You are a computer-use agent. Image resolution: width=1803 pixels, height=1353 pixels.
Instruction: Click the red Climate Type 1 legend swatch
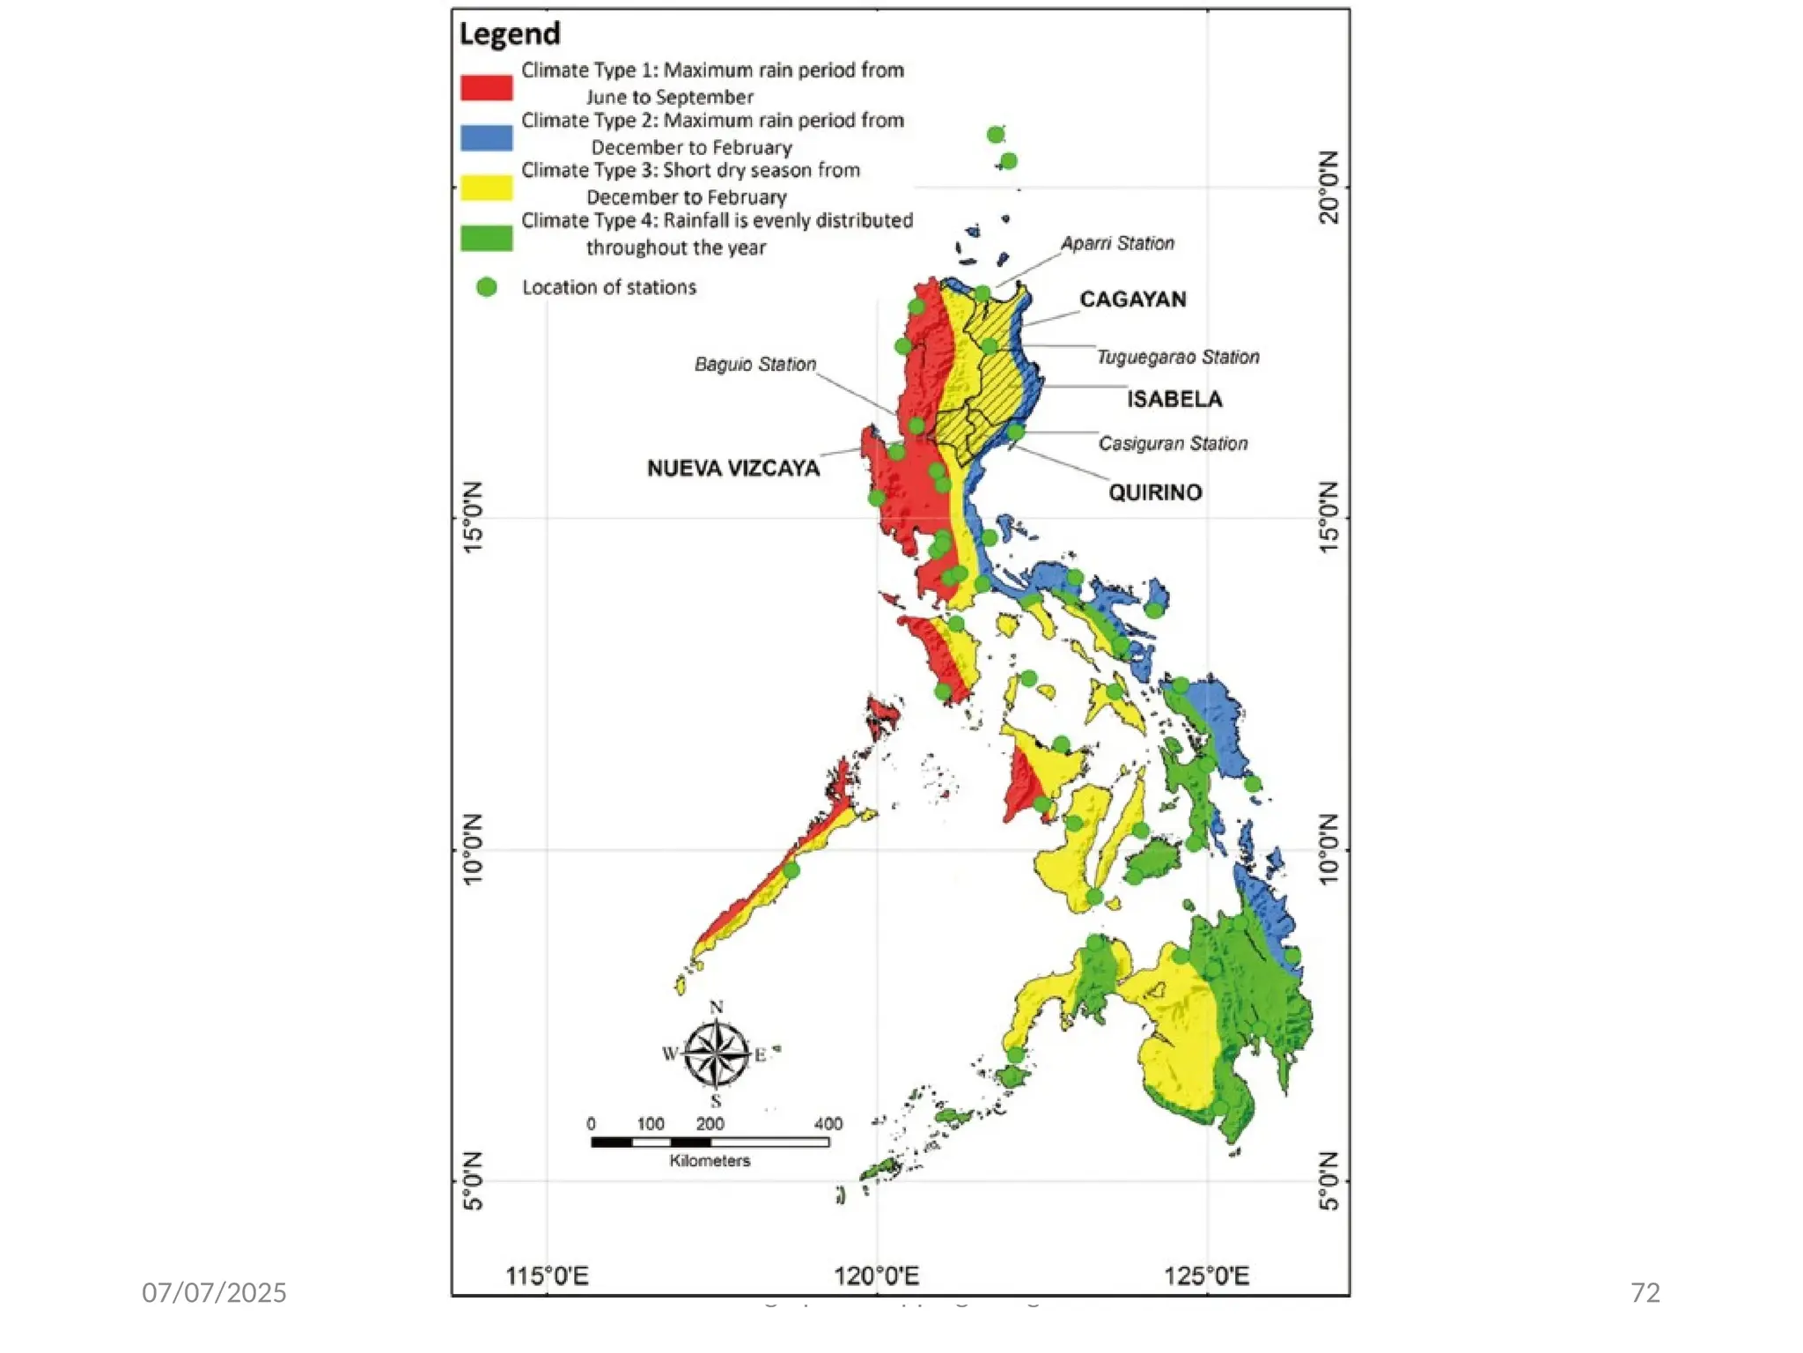pos(486,87)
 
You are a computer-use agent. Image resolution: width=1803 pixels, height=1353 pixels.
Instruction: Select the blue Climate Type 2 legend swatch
pos(486,137)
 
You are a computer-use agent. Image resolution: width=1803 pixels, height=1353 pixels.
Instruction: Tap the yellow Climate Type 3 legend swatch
pos(486,188)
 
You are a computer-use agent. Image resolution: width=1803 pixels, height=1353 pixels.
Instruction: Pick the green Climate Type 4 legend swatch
pos(486,238)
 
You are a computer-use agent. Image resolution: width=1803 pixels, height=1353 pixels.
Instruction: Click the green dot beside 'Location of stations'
pos(486,287)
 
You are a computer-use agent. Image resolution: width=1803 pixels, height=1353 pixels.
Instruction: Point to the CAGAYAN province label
pos(1132,299)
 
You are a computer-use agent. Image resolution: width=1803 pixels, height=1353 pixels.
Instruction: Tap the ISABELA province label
pos(1174,399)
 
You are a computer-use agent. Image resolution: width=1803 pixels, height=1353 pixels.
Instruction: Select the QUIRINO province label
pos(1155,492)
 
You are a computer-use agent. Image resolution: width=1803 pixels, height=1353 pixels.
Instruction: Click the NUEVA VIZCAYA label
pos(733,469)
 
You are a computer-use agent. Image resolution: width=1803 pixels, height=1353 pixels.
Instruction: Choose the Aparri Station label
pos(1117,243)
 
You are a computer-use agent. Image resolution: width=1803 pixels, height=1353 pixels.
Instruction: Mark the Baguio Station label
pos(754,365)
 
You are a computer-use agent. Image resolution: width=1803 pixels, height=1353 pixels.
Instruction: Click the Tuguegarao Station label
pos(1177,357)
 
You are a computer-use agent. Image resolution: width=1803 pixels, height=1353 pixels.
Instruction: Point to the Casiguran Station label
pos(1173,443)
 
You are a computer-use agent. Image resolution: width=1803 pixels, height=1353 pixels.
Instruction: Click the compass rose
pos(717,1054)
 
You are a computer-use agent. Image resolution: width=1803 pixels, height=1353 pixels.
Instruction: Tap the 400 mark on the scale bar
pos(828,1124)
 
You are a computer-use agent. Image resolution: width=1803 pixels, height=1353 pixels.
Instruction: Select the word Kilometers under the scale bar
pos(710,1161)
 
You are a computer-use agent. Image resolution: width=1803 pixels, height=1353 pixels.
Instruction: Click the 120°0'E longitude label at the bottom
pos(876,1275)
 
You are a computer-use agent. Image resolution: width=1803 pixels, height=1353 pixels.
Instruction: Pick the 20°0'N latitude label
pos(1329,188)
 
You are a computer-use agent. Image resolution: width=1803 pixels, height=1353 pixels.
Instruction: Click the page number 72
pos(1645,1292)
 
